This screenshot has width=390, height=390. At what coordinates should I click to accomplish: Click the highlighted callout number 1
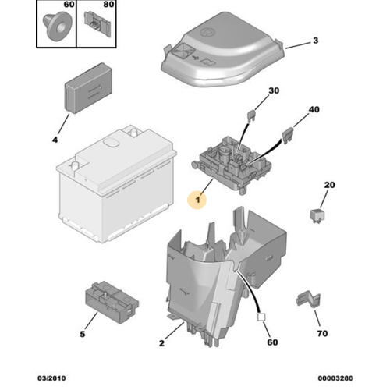click(198, 200)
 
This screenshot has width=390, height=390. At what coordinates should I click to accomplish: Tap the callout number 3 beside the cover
click(315, 41)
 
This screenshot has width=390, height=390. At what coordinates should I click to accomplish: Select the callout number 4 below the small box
click(55, 140)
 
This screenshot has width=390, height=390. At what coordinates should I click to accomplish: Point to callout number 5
click(83, 334)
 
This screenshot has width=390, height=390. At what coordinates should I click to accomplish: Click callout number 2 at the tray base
click(161, 343)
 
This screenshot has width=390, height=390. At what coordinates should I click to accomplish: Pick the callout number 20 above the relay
click(329, 185)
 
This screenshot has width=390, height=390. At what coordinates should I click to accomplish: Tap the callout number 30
click(274, 90)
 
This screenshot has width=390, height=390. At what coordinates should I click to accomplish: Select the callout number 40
click(314, 109)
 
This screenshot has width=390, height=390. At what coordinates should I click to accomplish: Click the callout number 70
click(322, 333)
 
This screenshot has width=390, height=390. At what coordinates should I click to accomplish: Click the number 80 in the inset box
click(108, 5)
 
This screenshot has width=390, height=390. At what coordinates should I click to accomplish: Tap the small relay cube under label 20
click(317, 215)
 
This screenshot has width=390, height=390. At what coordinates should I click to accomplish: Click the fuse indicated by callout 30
click(251, 115)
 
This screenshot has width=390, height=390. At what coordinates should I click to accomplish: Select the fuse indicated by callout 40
click(288, 136)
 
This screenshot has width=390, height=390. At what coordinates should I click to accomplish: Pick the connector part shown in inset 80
click(97, 24)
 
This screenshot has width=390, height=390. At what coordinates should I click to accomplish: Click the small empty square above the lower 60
click(261, 317)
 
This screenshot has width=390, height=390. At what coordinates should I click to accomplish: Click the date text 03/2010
click(51, 378)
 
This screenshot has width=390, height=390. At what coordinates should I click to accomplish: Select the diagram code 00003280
click(335, 378)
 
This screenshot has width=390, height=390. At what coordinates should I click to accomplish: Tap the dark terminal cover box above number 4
click(89, 88)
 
